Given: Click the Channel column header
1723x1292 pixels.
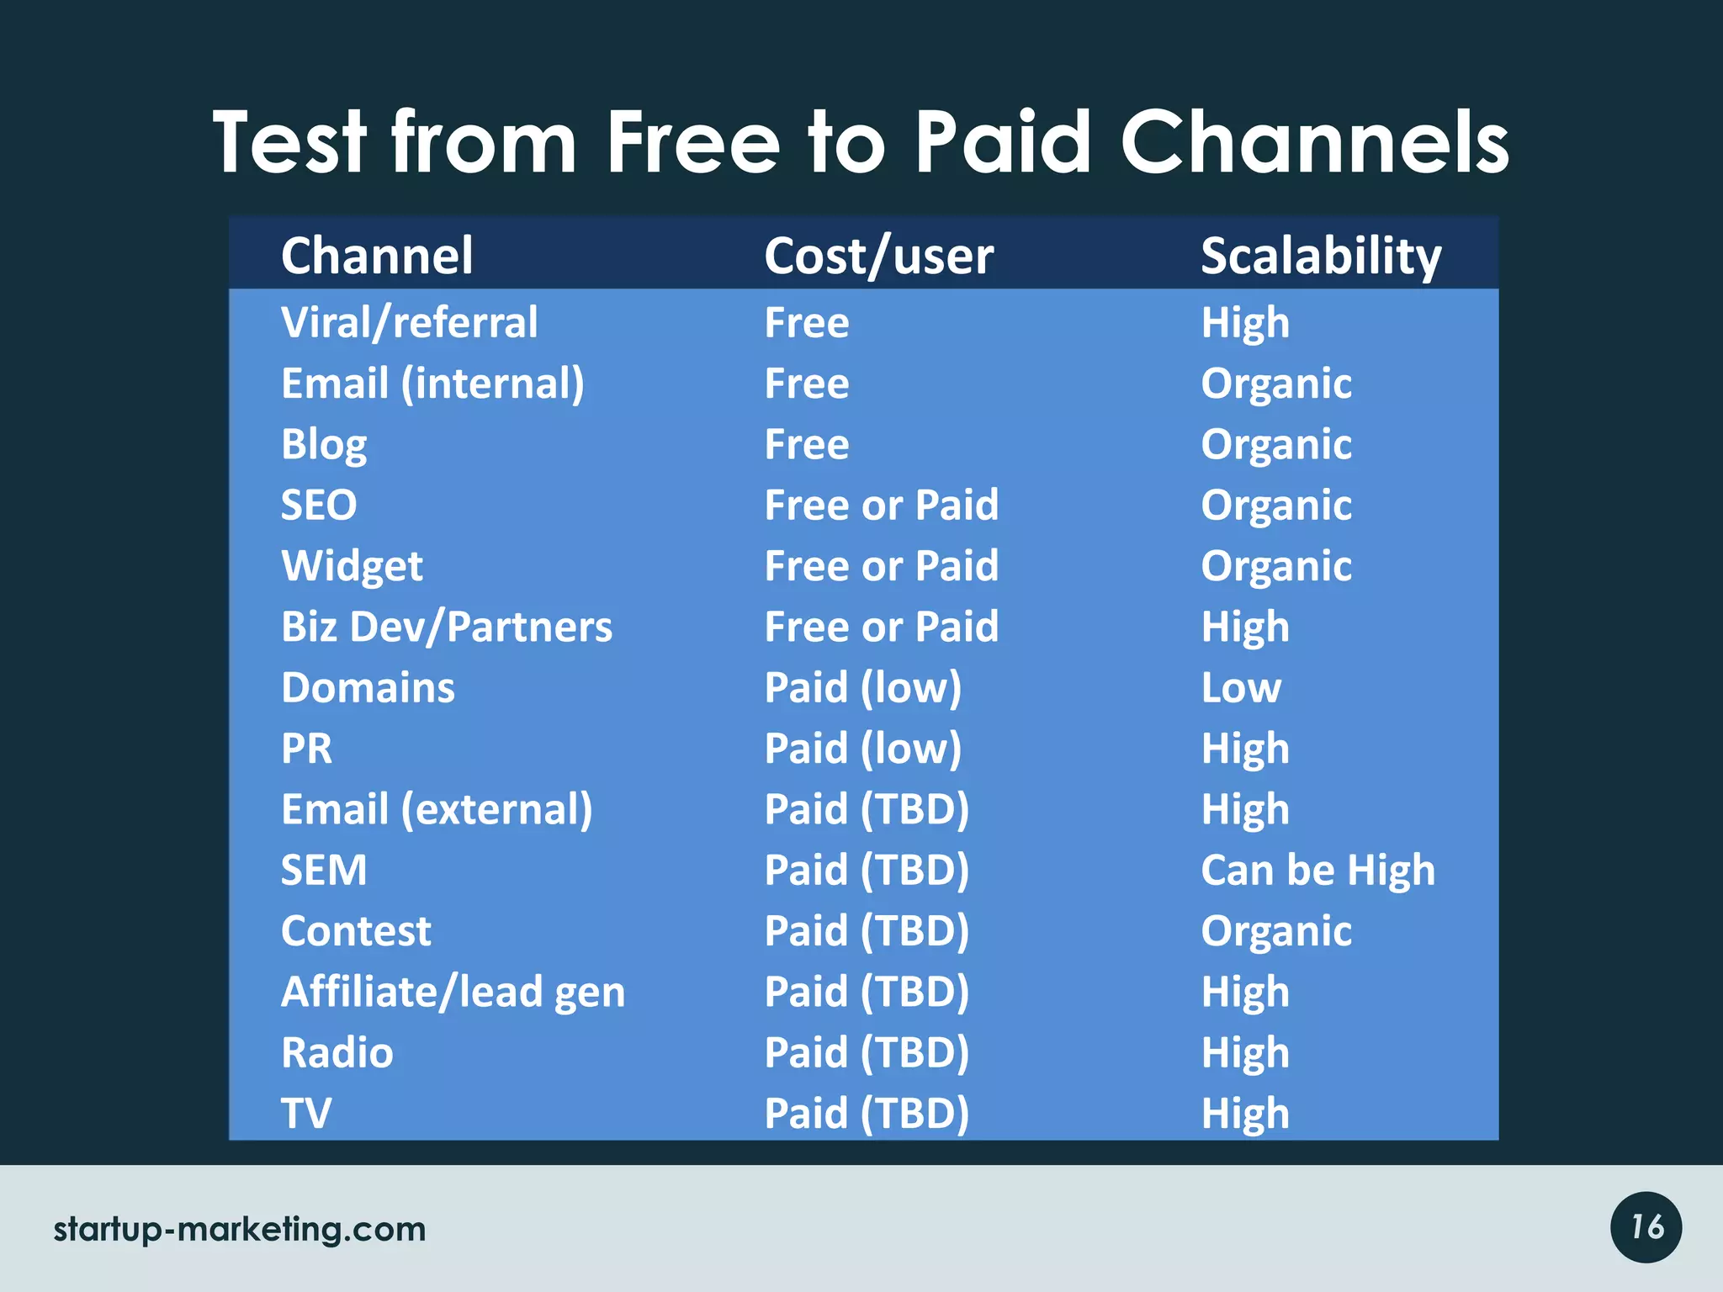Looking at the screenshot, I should (x=377, y=256).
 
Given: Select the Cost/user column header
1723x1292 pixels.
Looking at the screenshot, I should (x=878, y=256).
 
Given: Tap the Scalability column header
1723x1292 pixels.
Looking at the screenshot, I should (x=1321, y=256).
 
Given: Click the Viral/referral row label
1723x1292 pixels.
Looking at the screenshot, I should (x=409, y=323).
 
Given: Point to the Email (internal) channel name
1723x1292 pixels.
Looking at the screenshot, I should (x=432, y=384).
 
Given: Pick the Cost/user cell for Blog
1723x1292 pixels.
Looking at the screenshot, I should (x=806, y=445).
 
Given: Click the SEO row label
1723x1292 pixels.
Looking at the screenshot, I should (x=319, y=506).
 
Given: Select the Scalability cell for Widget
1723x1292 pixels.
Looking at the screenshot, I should (x=1275, y=566).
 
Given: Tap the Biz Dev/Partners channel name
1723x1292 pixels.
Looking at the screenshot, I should (x=447, y=627).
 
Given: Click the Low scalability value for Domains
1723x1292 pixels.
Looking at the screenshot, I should (x=1241, y=688).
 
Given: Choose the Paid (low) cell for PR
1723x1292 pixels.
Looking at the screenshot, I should (x=862, y=749).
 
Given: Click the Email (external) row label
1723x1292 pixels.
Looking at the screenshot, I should (x=437, y=810).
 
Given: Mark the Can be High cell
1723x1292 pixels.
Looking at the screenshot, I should (x=1317, y=871).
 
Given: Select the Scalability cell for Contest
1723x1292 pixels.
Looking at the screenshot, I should (x=1275, y=931).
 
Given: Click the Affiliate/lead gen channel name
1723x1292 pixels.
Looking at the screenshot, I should (x=453, y=993).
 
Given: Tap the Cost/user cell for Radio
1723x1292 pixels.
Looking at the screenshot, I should (x=867, y=1053).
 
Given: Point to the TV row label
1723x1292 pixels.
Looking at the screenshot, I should (x=306, y=1114).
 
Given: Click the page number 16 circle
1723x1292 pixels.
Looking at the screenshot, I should (x=1646, y=1227).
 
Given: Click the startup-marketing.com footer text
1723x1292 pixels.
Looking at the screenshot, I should (x=240, y=1230).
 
